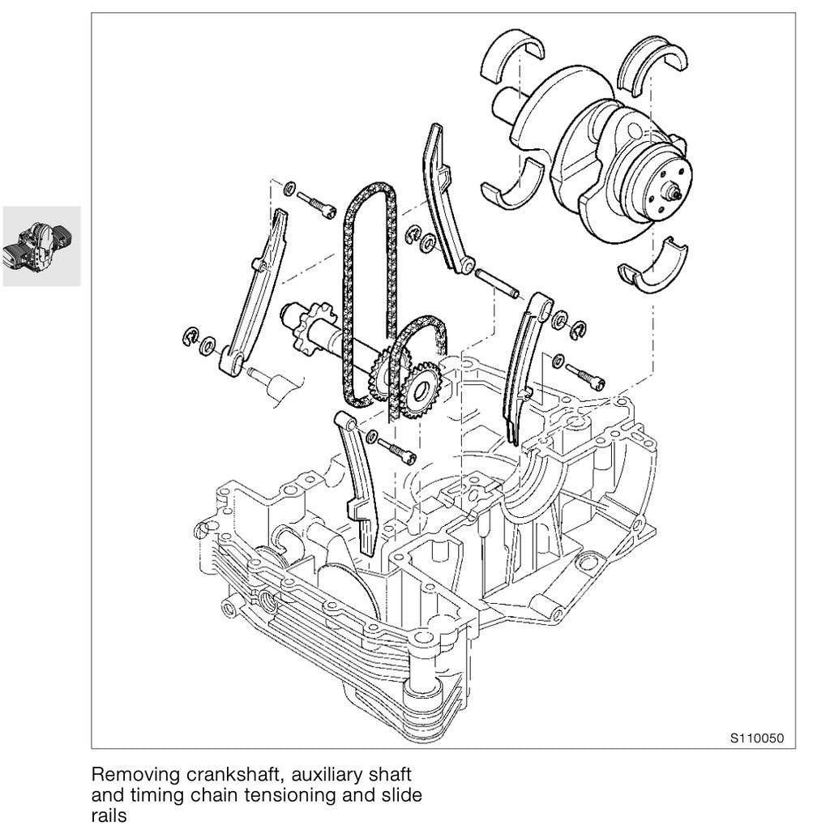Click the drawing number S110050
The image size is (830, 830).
(757, 738)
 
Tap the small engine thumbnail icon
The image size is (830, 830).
(41, 246)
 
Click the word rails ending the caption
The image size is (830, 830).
(109, 816)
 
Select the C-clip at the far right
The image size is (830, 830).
(579, 329)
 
